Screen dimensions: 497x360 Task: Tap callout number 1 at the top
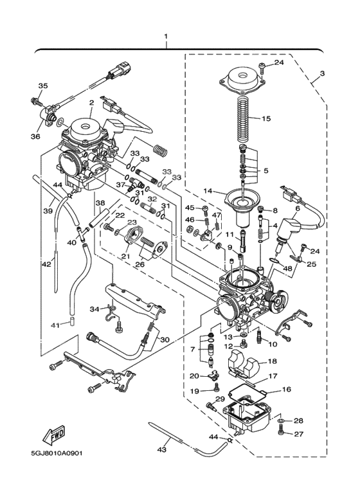coord(166,36)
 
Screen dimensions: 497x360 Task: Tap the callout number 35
coord(43,86)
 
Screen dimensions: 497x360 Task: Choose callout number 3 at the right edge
coord(322,74)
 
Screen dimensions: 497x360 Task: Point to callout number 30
coord(165,339)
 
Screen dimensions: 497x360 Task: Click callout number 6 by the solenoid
coord(297,208)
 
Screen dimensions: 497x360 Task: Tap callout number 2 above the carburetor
coord(91,102)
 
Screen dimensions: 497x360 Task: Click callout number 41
coord(55,325)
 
